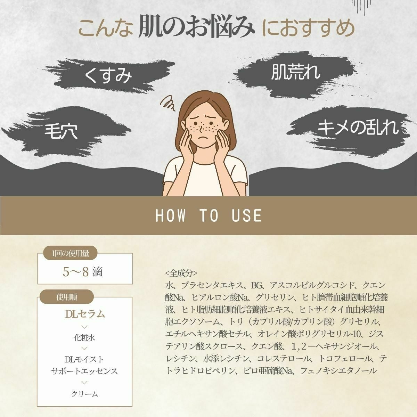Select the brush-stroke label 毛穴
click(62, 131)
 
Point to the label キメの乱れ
click(358, 128)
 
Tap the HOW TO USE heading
click(208, 215)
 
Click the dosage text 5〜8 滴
click(83, 272)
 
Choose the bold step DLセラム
click(85, 314)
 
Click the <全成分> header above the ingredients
click(181, 272)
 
